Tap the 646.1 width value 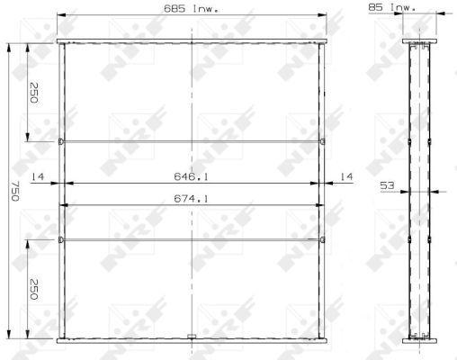click(192, 177)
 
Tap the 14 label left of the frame click(38, 177)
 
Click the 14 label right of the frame click(346, 177)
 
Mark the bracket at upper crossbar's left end click(60, 141)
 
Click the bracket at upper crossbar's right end click(322, 141)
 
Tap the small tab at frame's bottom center click(192, 338)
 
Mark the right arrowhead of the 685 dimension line click(324, 15)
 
